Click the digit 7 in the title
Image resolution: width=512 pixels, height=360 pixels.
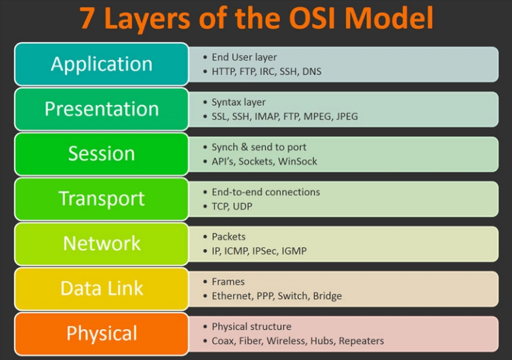click(x=88, y=18)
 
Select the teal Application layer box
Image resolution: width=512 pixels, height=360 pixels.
click(x=102, y=64)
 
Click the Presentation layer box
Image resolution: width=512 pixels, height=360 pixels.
click(x=102, y=109)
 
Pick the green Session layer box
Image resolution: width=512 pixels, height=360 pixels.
click(x=102, y=154)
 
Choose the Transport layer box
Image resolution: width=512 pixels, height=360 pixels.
click(x=102, y=199)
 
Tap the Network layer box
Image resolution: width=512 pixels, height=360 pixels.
click(x=102, y=244)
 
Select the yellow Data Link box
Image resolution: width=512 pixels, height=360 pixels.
click(x=102, y=288)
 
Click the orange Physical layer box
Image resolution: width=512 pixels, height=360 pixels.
click(x=102, y=333)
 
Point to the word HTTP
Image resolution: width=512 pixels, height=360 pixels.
click(x=224, y=72)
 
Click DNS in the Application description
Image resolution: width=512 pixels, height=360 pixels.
click(x=312, y=72)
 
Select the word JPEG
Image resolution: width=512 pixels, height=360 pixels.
click(x=347, y=116)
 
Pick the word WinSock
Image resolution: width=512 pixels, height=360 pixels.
click(x=297, y=161)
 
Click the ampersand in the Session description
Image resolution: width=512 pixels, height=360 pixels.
click(x=244, y=147)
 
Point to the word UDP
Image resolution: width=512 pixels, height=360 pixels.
click(x=242, y=206)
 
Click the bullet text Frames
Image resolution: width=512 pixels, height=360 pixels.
click(x=228, y=282)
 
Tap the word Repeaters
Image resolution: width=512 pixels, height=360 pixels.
click(x=361, y=341)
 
